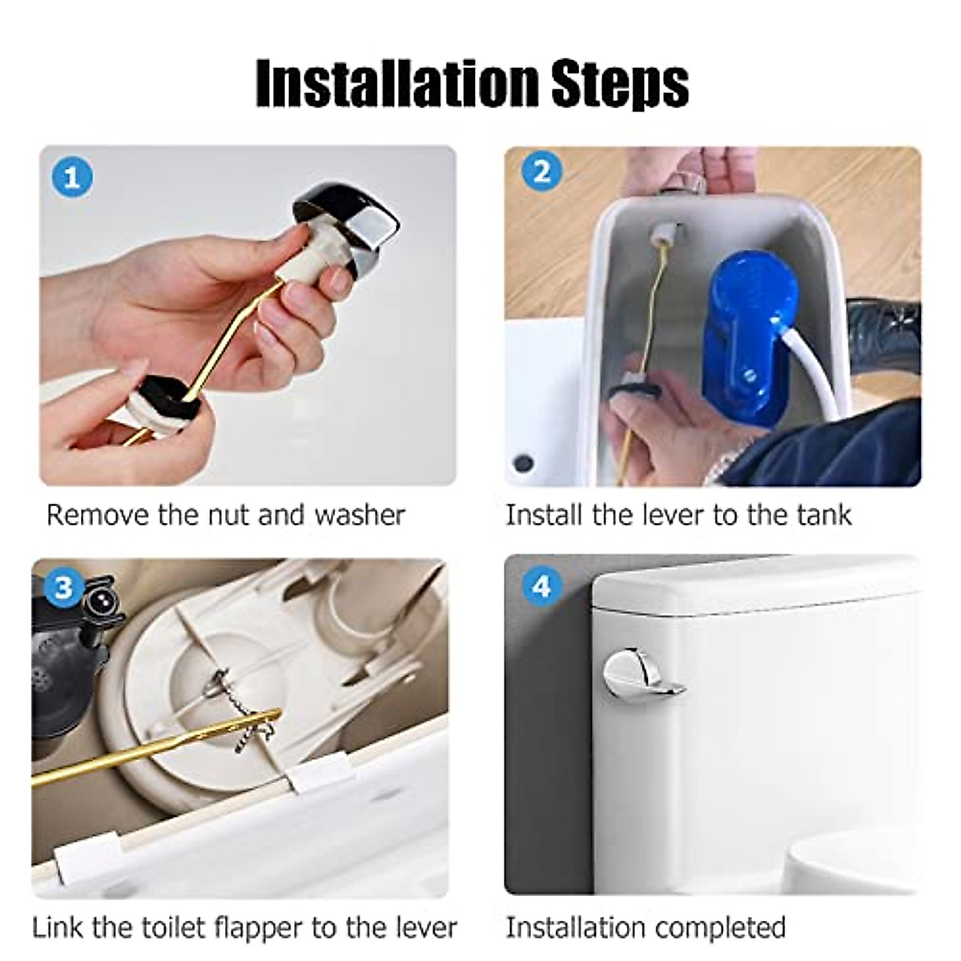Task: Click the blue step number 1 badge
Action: tap(72, 177)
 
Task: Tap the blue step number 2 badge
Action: tap(542, 171)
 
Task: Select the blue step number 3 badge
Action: tap(63, 589)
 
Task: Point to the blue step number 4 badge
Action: tap(542, 586)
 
